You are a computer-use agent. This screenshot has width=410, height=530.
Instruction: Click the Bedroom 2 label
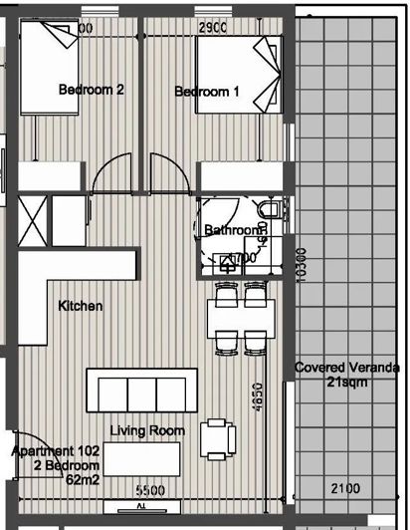coord(92,90)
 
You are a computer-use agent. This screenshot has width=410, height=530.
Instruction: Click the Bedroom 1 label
coord(207,92)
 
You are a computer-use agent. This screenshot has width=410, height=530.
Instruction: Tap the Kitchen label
coord(80,306)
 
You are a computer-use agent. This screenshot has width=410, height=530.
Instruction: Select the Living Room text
coord(147,431)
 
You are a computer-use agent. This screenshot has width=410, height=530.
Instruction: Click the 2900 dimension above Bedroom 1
coord(215,29)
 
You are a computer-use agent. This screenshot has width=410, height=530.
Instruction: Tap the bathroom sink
coord(231,262)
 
